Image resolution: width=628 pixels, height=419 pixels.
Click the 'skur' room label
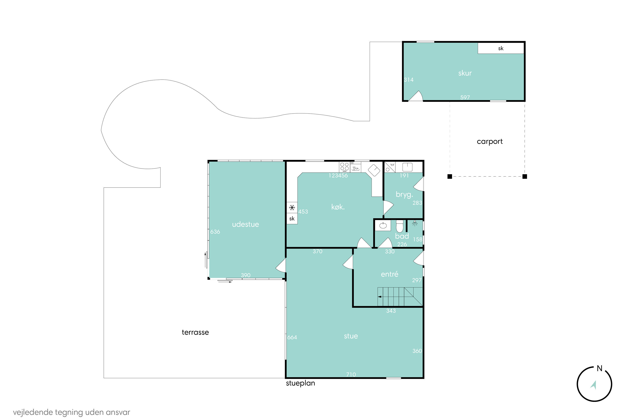pyautogui.click(x=465, y=73)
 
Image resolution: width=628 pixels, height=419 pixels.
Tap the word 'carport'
pyautogui.click(x=490, y=142)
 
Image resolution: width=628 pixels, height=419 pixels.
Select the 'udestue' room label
pyautogui.click(x=245, y=224)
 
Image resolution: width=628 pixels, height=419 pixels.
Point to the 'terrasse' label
pyautogui.click(x=195, y=332)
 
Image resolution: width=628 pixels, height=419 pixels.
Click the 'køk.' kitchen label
pyautogui.click(x=338, y=207)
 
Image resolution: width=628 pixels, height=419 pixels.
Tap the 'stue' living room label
pyautogui.click(x=351, y=336)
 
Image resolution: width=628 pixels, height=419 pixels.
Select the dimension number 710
pyautogui.click(x=351, y=374)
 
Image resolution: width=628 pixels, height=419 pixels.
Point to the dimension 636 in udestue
pyautogui.click(x=215, y=232)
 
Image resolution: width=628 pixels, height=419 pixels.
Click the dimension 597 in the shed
pyautogui.click(x=465, y=97)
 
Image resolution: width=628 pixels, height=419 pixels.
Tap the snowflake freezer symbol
pyautogui.click(x=292, y=207)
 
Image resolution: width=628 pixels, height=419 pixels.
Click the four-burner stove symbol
pyautogui.click(x=344, y=167)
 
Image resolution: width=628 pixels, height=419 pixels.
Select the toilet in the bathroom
pyautogui.click(x=399, y=226)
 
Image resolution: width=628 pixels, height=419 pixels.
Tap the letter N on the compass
pyautogui.click(x=600, y=368)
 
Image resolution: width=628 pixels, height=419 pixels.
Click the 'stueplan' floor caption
pyautogui.click(x=300, y=383)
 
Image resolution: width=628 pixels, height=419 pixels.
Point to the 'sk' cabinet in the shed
pyautogui.click(x=501, y=48)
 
